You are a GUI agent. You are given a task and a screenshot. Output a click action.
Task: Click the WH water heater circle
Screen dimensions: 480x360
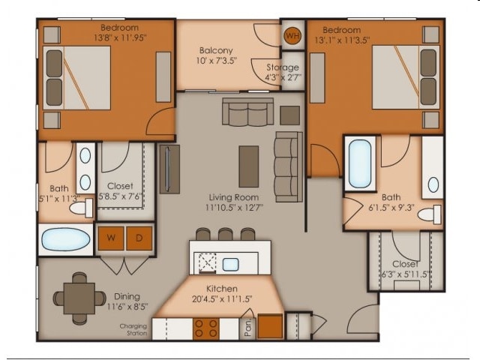pyautogui.click(x=292, y=36)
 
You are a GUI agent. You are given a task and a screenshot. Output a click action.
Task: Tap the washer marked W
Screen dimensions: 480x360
pyautogui.click(x=111, y=238)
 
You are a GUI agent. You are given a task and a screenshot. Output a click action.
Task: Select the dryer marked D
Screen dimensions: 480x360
pyautogui.click(x=139, y=238)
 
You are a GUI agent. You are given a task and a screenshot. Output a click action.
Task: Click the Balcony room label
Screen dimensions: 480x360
pyautogui.click(x=216, y=50)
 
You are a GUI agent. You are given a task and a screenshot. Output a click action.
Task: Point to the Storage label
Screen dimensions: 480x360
pyautogui.click(x=283, y=67)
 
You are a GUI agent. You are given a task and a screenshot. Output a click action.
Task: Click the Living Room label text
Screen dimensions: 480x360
pyautogui.click(x=234, y=197)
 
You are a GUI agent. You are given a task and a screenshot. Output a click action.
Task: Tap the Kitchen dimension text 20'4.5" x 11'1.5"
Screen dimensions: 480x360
pyautogui.click(x=222, y=298)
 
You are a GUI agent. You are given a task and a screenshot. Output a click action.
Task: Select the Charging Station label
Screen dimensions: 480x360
pyautogui.click(x=133, y=330)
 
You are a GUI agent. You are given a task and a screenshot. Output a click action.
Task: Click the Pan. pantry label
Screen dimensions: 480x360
pyautogui.click(x=248, y=327)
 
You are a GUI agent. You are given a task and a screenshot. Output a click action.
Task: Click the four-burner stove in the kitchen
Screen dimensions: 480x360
pyautogui.click(x=206, y=328)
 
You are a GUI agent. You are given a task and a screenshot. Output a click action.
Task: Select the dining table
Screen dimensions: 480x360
pyautogui.click(x=79, y=298)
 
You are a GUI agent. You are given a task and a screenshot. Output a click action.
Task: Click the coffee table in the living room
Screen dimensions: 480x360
pyautogui.click(x=248, y=166)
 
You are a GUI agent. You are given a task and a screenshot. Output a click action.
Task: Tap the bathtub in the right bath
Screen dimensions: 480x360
pyautogui.click(x=360, y=163)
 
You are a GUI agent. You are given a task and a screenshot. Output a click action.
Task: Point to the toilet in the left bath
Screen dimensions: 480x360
pyautogui.click(x=81, y=208)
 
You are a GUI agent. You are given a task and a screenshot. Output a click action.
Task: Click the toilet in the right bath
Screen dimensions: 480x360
pyautogui.click(x=430, y=214)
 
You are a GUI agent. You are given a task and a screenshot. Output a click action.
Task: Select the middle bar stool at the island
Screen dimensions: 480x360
pyautogui.click(x=225, y=234)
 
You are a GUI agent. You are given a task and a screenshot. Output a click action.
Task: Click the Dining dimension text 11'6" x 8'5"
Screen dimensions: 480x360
pyautogui.click(x=127, y=307)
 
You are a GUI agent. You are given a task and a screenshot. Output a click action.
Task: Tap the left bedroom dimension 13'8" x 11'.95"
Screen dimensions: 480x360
pyautogui.click(x=120, y=38)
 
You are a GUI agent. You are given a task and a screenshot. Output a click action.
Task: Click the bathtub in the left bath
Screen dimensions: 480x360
pyautogui.click(x=66, y=238)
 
